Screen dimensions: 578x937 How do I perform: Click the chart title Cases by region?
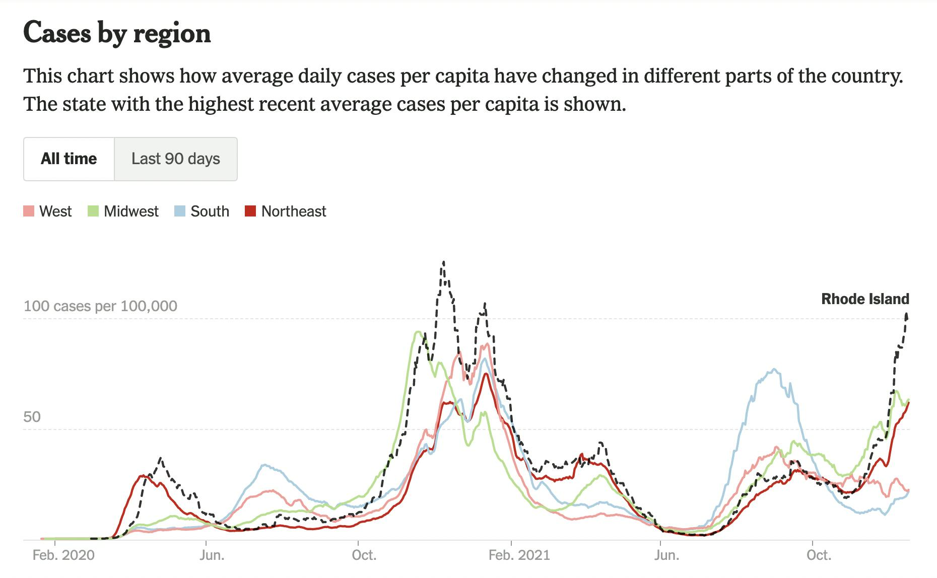(117, 33)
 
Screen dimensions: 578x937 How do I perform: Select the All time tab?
(69, 159)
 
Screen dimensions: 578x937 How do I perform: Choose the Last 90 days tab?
(175, 159)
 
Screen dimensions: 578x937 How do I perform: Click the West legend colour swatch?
(29, 211)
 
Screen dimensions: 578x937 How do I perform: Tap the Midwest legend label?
(131, 211)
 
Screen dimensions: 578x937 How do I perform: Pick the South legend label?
(210, 211)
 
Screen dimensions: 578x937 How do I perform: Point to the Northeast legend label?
(294, 211)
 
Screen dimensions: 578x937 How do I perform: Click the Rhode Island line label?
(865, 299)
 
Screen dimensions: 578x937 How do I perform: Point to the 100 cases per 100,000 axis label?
(100, 306)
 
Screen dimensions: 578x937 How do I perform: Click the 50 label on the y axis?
(32, 417)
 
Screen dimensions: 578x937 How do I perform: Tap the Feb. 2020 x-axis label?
(63, 555)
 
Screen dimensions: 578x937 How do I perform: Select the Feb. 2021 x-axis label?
(519, 555)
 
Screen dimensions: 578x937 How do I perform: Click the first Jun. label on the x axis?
(212, 555)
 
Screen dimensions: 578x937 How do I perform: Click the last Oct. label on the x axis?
(818, 555)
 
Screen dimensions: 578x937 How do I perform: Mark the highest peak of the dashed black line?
(443, 262)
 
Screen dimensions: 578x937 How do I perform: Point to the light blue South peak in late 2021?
(774, 370)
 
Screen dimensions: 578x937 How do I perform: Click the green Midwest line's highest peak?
(418, 331)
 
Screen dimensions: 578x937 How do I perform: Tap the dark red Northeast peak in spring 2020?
(143, 475)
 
